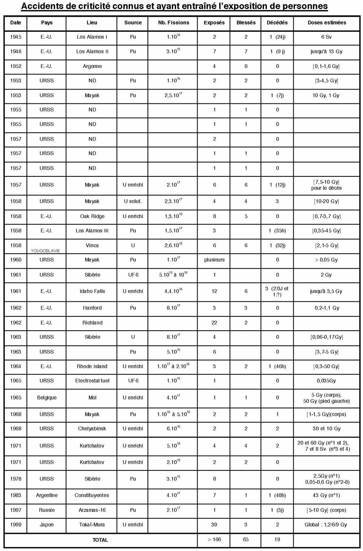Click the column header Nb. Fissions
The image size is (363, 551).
click(x=173, y=23)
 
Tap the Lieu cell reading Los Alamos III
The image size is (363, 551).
click(x=92, y=231)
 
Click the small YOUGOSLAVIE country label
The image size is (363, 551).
click(x=45, y=251)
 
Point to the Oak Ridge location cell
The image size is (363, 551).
click(x=92, y=216)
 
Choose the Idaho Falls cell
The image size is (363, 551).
click(x=92, y=291)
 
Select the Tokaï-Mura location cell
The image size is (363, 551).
click(x=92, y=525)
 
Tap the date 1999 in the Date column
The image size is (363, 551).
click(x=16, y=525)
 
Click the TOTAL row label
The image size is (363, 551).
click(x=100, y=540)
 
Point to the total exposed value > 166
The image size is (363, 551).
click(x=214, y=540)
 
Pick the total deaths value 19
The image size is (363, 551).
click(x=277, y=540)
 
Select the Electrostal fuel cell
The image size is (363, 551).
click(x=92, y=381)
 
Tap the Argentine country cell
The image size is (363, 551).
click(x=46, y=495)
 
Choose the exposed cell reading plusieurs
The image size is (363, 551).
click(x=214, y=260)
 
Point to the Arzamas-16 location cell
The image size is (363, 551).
click(x=92, y=510)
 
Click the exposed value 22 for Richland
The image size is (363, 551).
click(x=214, y=323)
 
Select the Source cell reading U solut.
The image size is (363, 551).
click(x=133, y=202)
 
